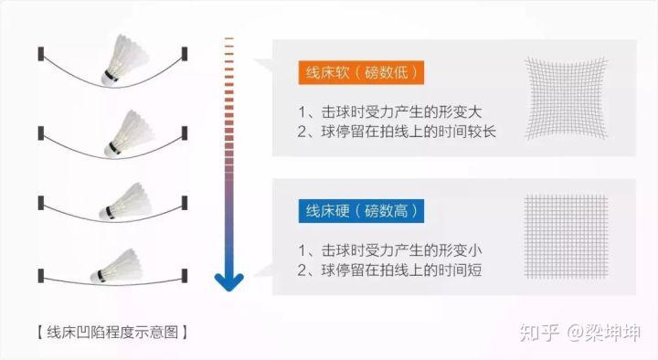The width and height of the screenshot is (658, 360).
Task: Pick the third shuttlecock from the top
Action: (x=125, y=202)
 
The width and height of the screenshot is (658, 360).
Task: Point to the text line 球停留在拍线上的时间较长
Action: (x=402, y=132)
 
